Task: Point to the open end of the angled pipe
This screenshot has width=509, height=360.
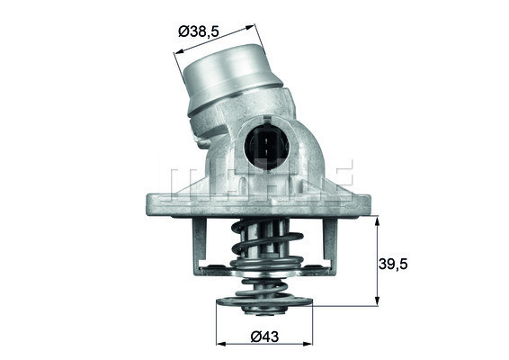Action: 226,64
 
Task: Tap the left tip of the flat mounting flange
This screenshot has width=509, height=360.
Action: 147,203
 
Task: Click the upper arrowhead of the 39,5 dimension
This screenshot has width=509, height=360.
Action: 376,218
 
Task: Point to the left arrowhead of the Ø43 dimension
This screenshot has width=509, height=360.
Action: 220,345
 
